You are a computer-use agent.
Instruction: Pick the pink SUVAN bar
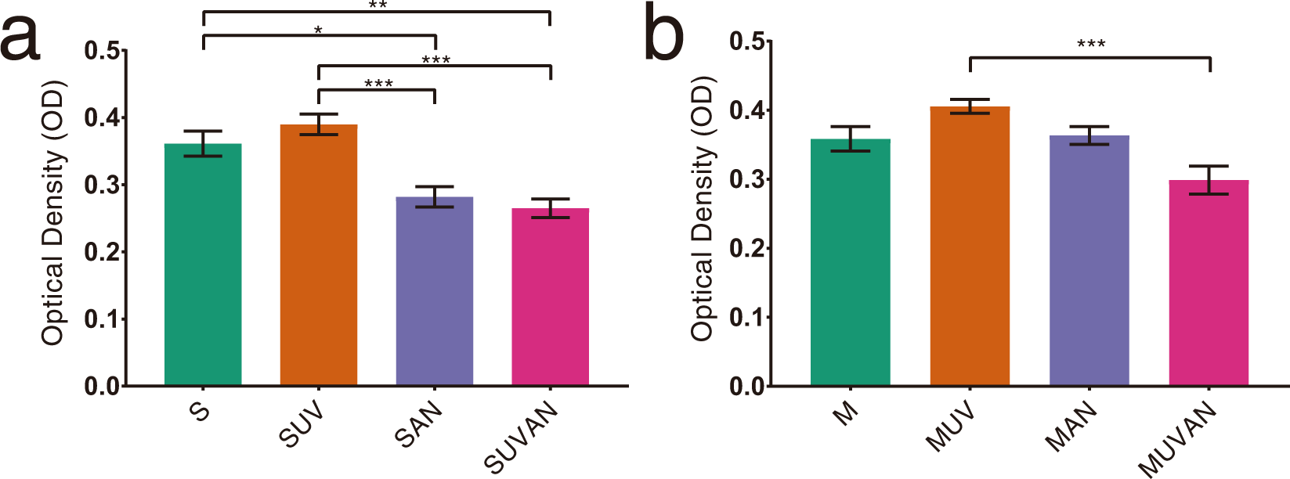point(551,297)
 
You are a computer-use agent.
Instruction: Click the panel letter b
point(663,33)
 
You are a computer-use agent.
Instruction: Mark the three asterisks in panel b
point(1091,44)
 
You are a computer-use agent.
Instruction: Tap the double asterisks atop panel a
point(378,5)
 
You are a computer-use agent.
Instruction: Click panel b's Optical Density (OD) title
point(703,208)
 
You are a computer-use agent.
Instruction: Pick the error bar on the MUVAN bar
point(1209,180)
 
